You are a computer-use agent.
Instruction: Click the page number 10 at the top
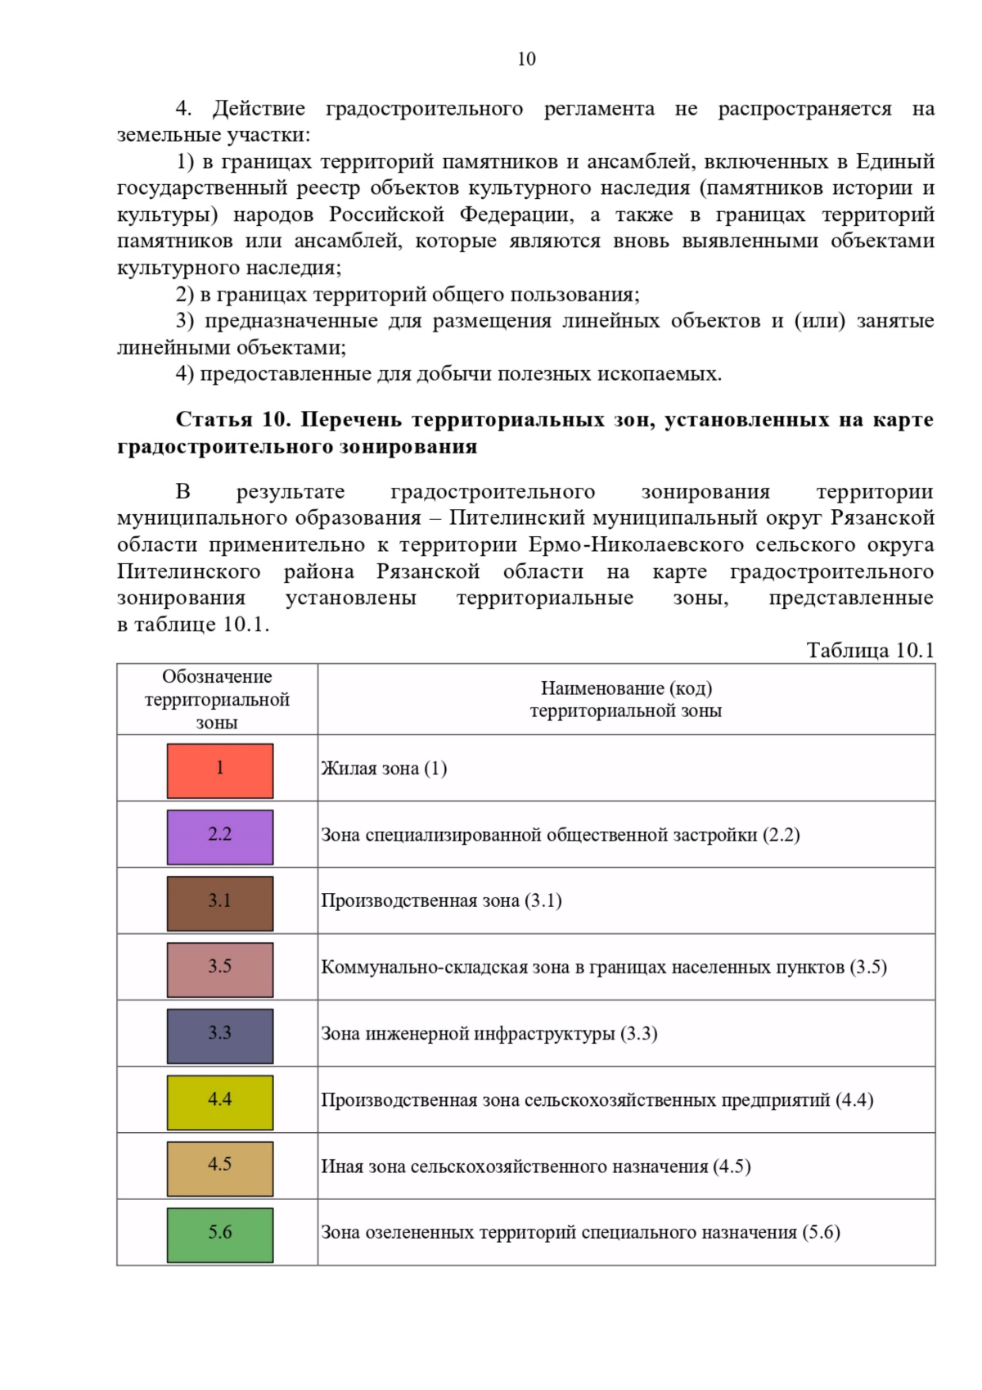[x=526, y=59]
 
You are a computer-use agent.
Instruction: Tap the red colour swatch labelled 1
[x=219, y=770]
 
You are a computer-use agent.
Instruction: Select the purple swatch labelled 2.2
[x=219, y=837]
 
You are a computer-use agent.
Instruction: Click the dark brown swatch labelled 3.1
[x=219, y=903]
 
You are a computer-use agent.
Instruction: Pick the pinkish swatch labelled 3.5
[x=219, y=969]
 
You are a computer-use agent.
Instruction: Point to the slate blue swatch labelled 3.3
[x=219, y=1036]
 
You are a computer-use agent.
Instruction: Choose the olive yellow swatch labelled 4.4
[x=219, y=1102]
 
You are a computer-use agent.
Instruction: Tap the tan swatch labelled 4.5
[x=219, y=1168]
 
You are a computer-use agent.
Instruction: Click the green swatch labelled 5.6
[x=219, y=1234]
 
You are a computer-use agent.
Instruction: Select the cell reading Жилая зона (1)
[x=384, y=769]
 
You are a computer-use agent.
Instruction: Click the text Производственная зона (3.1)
[x=441, y=901]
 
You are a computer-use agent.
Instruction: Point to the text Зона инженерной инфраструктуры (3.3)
[x=489, y=1034]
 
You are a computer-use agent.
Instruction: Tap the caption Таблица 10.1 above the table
[x=870, y=650]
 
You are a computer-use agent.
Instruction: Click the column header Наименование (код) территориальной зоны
[x=626, y=699]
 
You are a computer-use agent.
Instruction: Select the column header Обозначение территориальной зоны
[x=217, y=699]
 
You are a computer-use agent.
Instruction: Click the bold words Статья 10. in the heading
[x=232, y=419]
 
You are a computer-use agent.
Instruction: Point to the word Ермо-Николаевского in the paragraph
[x=636, y=544]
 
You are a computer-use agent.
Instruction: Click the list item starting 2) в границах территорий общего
[x=408, y=295]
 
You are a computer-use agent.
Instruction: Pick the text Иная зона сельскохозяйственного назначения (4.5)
[x=535, y=1167]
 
